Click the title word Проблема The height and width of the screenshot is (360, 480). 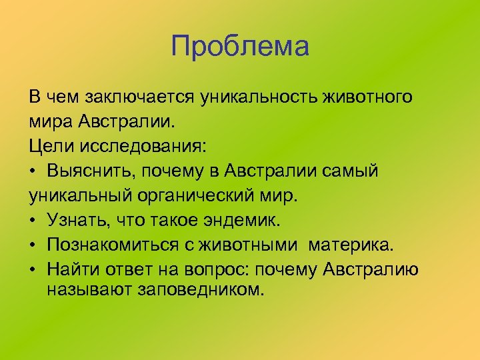pos(240,47)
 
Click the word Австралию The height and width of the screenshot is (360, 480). pos(370,270)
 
